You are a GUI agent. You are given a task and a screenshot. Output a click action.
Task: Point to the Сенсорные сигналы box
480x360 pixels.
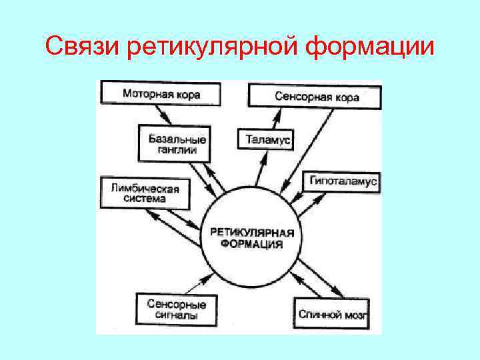pos(176,309)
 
